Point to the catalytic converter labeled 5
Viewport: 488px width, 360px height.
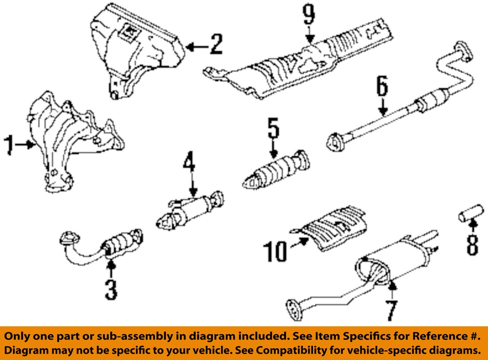point(276,171)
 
